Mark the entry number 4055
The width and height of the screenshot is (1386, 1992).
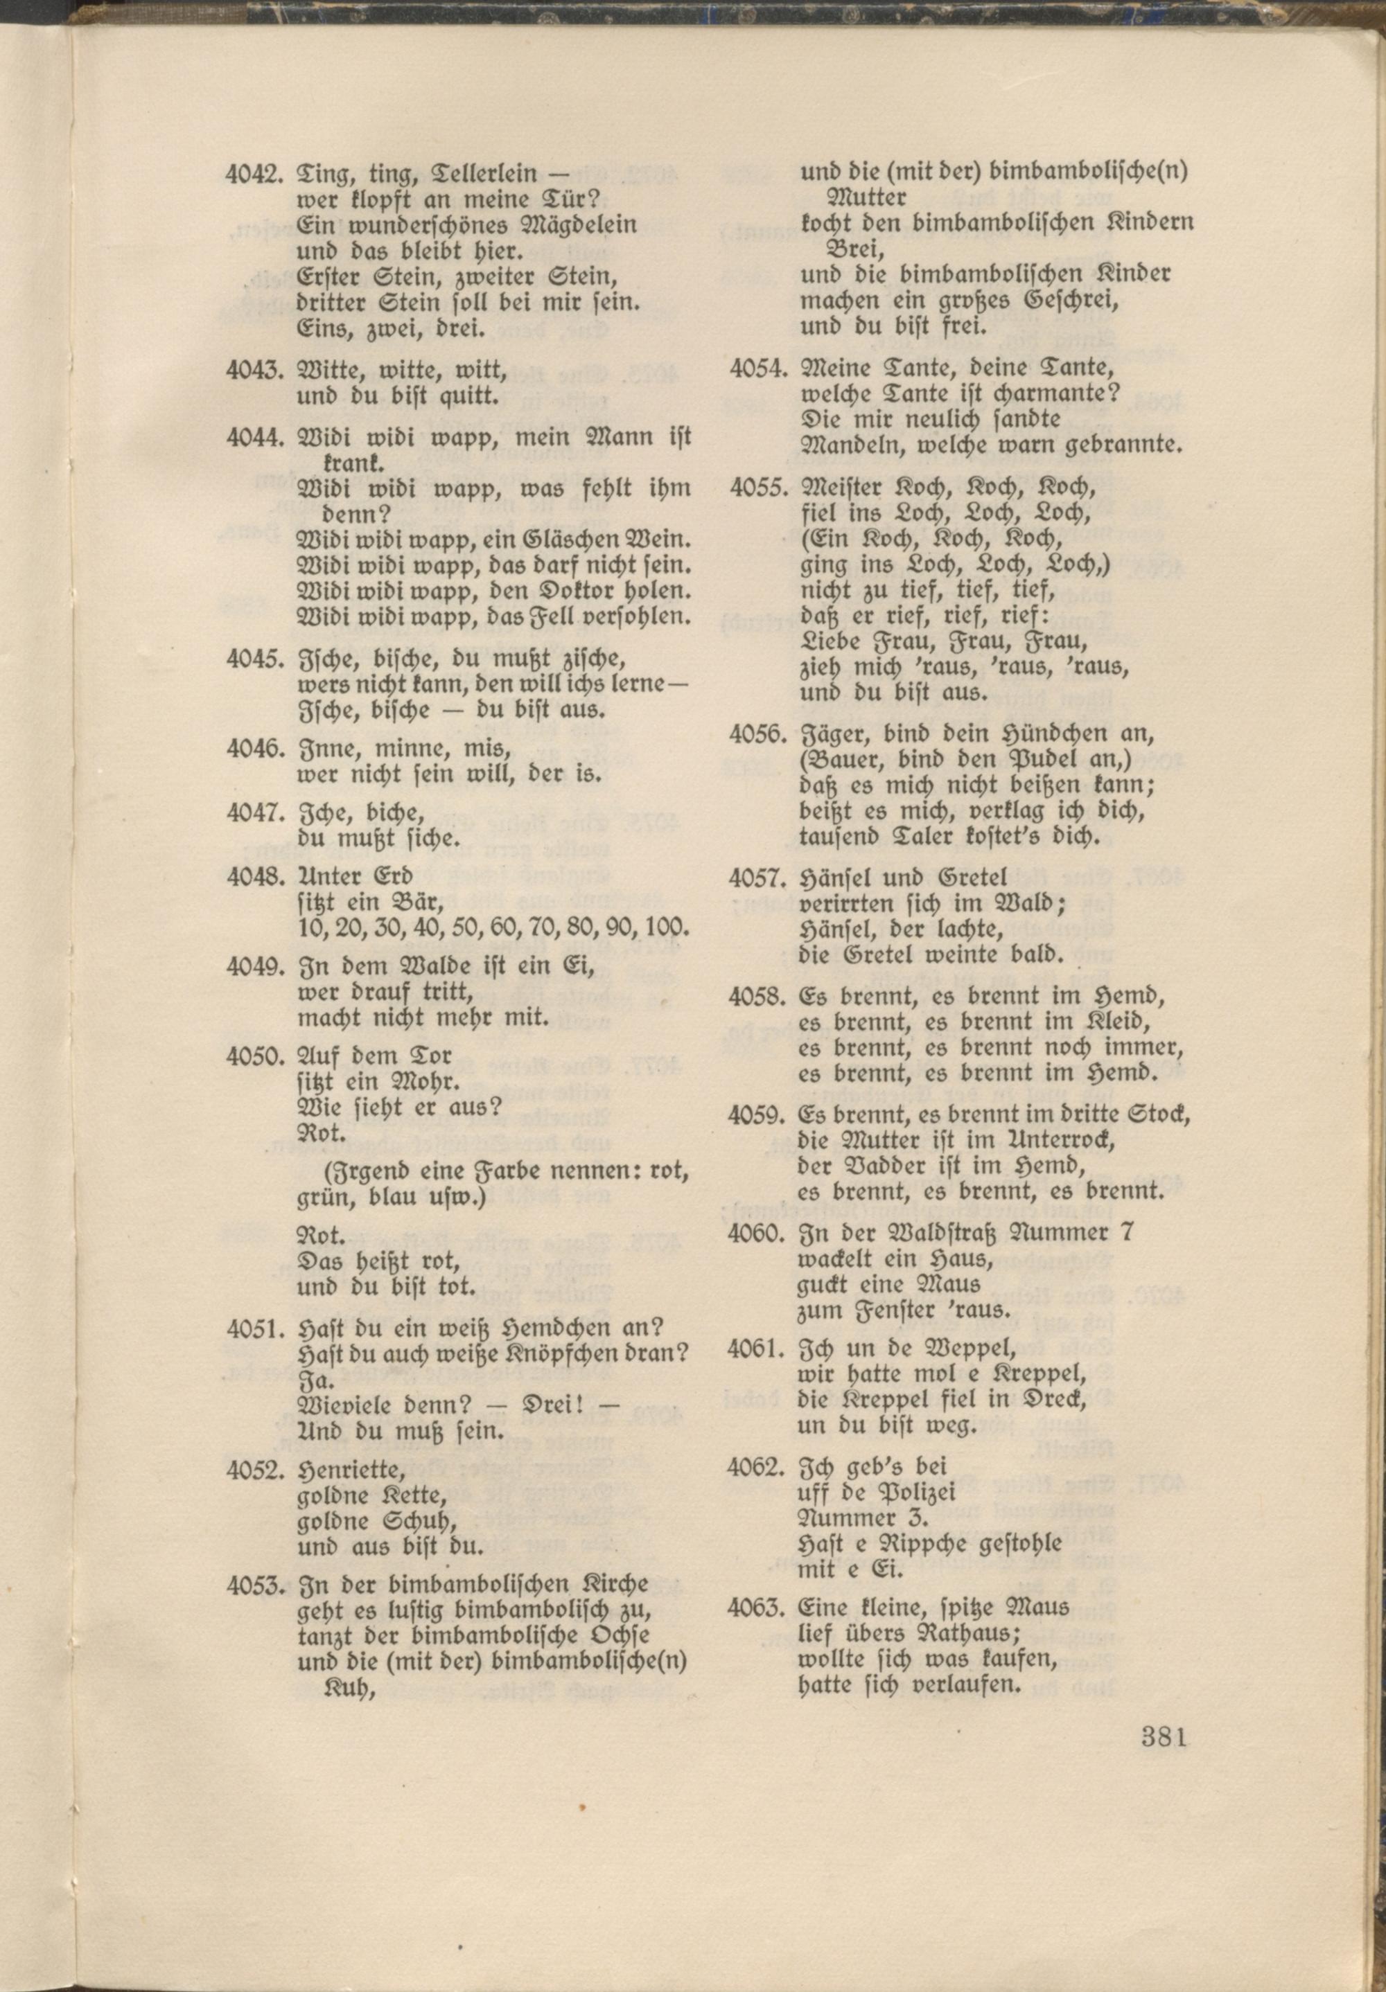(x=757, y=490)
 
